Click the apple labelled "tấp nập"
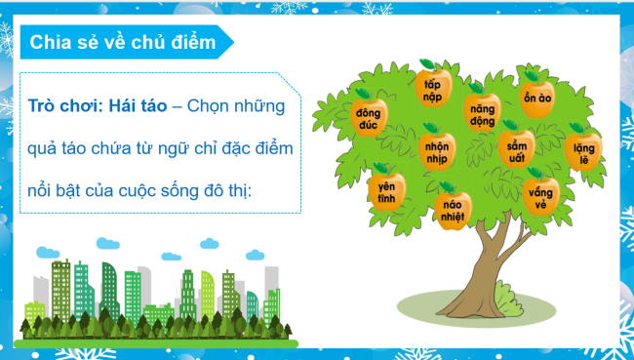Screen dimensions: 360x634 tap(432, 87)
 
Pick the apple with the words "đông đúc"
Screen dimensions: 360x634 tap(370, 116)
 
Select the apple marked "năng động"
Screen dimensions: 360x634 tap(482, 110)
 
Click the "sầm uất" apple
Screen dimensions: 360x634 tap(516, 149)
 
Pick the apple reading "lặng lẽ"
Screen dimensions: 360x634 tap(583, 150)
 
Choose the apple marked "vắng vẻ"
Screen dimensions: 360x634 tap(540, 193)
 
